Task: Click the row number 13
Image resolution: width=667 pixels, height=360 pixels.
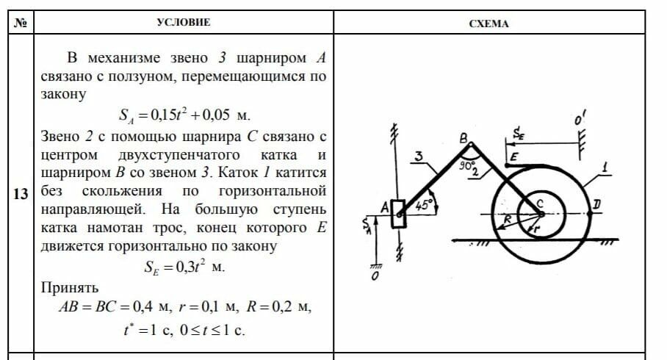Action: click(x=21, y=195)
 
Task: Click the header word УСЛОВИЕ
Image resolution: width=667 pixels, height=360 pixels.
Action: click(x=184, y=22)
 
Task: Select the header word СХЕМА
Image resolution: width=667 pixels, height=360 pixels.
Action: click(x=488, y=24)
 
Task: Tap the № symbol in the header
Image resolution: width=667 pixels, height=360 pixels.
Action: click(x=21, y=23)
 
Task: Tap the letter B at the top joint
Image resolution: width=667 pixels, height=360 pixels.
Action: click(x=463, y=137)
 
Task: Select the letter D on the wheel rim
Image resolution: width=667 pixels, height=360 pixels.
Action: click(x=597, y=203)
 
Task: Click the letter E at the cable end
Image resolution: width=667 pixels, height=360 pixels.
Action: click(x=513, y=156)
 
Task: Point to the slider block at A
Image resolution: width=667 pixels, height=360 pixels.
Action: click(x=399, y=214)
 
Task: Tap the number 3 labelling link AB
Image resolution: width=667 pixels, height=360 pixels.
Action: click(x=417, y=156)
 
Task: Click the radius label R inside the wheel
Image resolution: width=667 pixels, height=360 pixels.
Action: click(x=506, y=218)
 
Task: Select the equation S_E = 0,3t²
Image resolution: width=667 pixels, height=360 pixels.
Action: click(x=184, y=266)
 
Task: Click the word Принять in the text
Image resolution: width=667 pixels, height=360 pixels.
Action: click(x=70, y=287)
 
